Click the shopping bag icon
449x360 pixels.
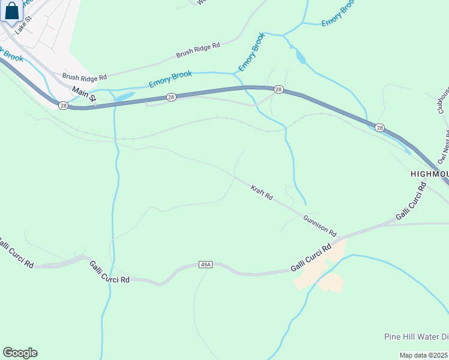pos(11,12)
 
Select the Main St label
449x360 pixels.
pos(84,95)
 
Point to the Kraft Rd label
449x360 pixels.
pos(262,193)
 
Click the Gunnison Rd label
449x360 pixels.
pos(320,225)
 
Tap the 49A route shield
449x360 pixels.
pos(206,264)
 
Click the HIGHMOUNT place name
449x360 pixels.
pos(429,173)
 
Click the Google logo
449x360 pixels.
pos(20,353)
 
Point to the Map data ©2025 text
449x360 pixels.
pos(424,355)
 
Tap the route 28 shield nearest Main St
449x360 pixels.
pos(64,105)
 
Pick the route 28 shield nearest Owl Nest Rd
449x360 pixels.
pos(379,128)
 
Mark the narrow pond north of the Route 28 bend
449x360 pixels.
pos(300,57)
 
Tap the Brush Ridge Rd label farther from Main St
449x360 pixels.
pos(198,50)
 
